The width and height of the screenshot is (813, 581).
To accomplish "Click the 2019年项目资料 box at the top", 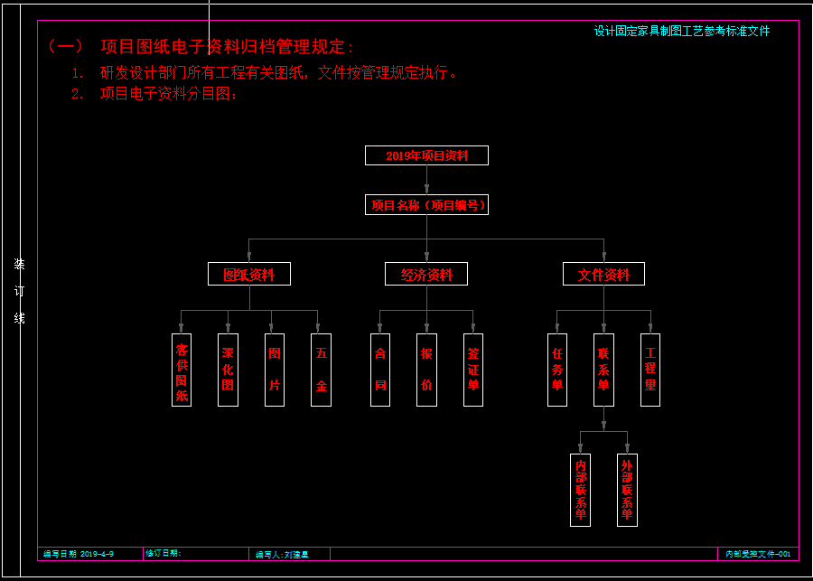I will point(426,155).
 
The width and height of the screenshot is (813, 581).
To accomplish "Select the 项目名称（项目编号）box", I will point(426,205).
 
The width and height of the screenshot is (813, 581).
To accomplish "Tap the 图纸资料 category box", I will point(249,274).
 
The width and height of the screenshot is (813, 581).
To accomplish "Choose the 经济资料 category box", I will point(426,274).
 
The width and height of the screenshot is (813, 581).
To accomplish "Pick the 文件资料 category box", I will point(603,274).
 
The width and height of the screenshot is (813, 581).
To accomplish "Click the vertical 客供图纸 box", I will point(182,370).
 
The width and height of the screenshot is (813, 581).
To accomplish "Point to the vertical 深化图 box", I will point(228,370).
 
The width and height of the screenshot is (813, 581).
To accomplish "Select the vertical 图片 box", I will point(275,370).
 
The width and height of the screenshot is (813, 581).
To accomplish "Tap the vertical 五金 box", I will point(321,370).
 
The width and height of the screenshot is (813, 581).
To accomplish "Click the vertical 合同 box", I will point(380,370).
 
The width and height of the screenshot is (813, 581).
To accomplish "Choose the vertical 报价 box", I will point(426,370).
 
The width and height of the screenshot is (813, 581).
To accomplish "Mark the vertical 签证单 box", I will point(473,370).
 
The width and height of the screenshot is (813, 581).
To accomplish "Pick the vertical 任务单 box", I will point(557,370).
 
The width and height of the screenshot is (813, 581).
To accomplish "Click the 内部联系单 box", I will point(580,490).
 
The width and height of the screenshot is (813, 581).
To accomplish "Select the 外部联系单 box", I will point(627,490).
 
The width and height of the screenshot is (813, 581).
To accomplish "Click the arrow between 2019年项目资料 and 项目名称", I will point(426,181).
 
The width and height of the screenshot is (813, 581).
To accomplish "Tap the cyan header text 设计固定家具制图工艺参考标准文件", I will point(682,31).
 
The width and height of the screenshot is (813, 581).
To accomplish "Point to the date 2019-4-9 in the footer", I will point(97,553).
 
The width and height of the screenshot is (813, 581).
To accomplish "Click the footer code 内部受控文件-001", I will point(758,554).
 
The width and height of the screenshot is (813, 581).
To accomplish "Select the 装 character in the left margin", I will point(19,264).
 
